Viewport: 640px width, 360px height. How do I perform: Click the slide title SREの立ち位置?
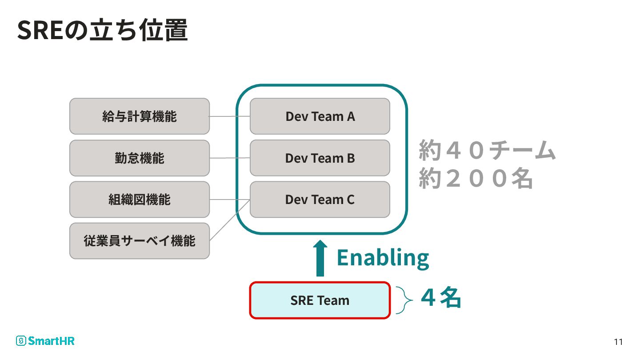click(102, 30)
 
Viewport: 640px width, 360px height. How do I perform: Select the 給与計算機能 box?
click(140, 116)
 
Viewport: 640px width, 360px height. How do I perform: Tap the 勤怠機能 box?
click(140, 158)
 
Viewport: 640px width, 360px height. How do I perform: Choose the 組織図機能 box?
click(140, 200)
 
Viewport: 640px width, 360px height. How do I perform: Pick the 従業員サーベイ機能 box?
click(140, 241)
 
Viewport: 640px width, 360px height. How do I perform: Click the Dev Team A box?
click(320, 116)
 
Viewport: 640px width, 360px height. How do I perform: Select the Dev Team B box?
click(320, 158)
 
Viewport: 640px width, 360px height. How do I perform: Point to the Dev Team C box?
click(320, 200)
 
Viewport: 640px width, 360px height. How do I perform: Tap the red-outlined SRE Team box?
click(320, 300)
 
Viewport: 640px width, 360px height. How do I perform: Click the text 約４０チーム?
click(487, 151)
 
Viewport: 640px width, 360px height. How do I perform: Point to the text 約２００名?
click(476, 179)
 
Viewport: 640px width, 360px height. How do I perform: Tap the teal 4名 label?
click(441, 298)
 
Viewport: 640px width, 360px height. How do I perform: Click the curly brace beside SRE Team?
click(403, 300)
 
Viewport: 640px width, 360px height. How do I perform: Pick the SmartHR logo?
click(45, 341)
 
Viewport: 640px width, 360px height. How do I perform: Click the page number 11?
click(618, 342)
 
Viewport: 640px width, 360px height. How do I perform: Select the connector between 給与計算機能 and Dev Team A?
click(230, 116)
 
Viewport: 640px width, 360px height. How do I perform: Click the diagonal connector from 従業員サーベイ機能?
click(230, 220)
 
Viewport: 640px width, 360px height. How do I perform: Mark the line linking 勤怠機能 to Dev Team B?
click(230, 158)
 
